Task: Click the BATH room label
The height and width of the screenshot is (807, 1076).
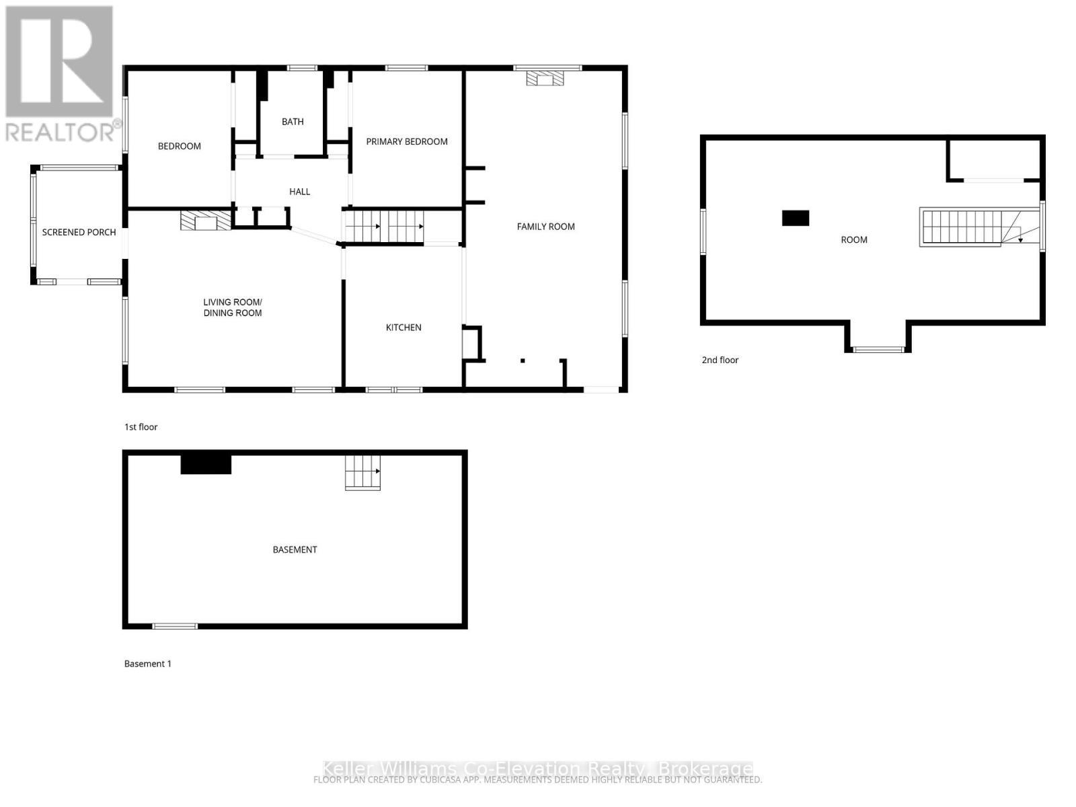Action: pos(293,122)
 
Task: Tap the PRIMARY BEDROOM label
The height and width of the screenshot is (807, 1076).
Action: pos(406,142)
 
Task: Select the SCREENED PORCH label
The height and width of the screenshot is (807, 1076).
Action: pos(79,233)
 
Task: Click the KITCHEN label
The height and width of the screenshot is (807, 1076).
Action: pos(403,328)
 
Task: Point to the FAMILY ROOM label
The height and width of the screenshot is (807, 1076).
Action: pos(545,227)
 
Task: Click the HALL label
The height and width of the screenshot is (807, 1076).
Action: pos(299,192)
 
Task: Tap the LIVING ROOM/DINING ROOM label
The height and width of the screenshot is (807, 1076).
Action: pos(233,308)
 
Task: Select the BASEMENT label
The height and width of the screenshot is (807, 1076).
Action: pos(295,550)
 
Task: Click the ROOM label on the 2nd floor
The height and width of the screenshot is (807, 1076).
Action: pos(854,240)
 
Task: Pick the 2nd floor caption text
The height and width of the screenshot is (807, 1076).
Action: pos(720,360)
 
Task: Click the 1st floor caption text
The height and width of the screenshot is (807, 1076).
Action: pos(141,427)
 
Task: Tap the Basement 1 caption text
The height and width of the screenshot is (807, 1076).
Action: pos(147,664)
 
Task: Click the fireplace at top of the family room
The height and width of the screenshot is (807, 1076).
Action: pos(545,79)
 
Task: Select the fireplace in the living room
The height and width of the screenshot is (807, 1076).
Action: pos(206,221)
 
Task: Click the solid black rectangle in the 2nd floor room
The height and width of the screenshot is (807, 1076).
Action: pos(795,218)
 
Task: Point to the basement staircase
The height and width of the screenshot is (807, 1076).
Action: pos(362,472)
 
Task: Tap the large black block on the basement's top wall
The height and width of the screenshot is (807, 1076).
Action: pos(206,464)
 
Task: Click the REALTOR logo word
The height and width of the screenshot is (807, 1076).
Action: pos(61,131)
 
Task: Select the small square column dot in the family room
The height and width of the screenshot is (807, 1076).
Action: pos(523,361)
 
